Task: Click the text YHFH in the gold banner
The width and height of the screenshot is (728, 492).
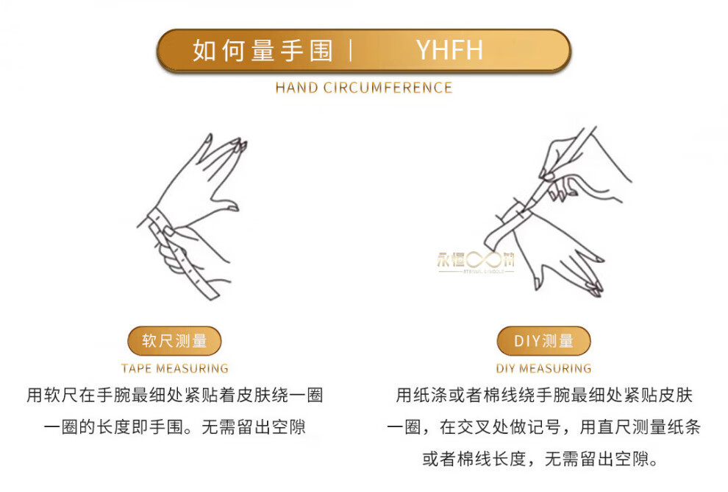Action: [449, 50]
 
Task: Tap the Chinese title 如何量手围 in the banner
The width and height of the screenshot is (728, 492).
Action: [263, 50]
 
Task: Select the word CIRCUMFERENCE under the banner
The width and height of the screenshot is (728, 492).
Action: [388, 88]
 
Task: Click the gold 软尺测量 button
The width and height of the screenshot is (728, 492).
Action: [174, 341]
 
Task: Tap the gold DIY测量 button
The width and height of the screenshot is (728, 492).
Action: [543, 341]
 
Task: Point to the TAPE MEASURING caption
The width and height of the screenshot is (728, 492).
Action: [174, 368]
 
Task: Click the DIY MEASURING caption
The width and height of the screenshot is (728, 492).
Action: [543, 368]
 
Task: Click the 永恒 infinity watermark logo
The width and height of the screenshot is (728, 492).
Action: [476, 261]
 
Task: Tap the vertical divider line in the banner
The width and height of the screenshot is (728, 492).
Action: [351, 50]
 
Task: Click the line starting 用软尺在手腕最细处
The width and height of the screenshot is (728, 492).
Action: [174, 396]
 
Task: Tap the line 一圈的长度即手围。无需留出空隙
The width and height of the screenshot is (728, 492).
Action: [174, 427]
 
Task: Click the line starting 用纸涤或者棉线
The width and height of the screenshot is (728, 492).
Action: [543, 396]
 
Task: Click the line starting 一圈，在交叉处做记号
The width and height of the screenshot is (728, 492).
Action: [543, 427]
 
